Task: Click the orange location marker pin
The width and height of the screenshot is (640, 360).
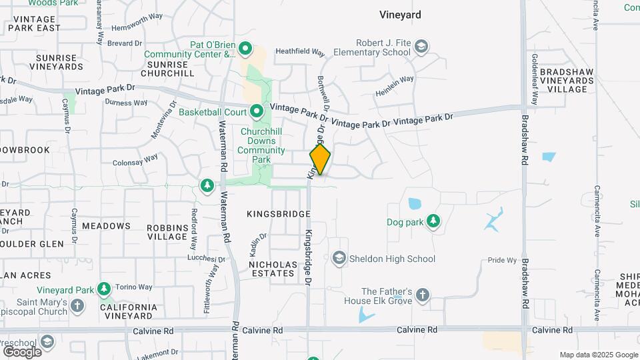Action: tap(320, 159)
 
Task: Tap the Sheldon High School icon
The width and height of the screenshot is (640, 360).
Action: tap(339, 259)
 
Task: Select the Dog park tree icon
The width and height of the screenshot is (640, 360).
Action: tap(434, 221)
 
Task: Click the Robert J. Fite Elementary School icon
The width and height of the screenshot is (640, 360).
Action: tap(421, 47)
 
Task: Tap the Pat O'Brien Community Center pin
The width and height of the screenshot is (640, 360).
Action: tap(245, 48)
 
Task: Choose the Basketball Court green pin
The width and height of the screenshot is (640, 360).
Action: tap(257, 111)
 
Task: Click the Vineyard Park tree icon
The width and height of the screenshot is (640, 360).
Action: tap(103, 289)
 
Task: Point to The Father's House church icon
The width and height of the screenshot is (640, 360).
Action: tap(422, 295)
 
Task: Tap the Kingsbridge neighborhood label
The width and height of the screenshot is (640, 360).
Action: tap(279, 214)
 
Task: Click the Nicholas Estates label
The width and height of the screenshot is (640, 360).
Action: tap(272, 269)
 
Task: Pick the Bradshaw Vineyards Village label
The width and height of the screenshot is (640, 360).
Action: tap(566, 80)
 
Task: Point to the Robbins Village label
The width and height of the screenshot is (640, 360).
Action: tap(167, 231)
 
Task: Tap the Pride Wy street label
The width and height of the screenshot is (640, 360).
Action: tap(503, 260)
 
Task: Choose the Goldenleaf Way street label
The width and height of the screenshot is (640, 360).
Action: tap(533, 85)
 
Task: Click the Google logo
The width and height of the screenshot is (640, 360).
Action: tap(22, 351)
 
